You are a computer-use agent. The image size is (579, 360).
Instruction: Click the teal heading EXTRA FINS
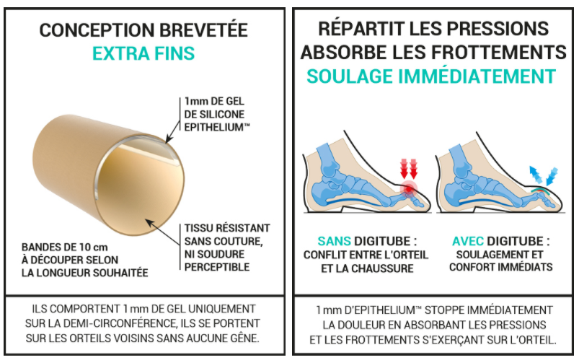tap(143, 53)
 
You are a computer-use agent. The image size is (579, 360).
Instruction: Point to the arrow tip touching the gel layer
tap(167, 142)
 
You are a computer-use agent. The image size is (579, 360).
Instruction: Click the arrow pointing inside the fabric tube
tap(162, 232)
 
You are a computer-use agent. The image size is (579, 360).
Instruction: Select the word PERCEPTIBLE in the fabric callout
tap(217, 267)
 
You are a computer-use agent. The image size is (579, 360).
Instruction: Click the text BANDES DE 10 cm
tap(65, 247)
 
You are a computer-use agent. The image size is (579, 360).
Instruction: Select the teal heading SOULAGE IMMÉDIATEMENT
tap(431, 76)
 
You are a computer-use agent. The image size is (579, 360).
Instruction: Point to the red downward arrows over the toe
tap(408, 169)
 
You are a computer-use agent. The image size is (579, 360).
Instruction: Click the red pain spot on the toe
tap(408, 189)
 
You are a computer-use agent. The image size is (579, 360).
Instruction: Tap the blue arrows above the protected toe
tap(544, 175)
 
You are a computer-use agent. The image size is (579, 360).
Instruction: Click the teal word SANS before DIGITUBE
tap(334, 242)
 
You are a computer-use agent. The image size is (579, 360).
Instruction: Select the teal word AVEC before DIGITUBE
tap(468, 242)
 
